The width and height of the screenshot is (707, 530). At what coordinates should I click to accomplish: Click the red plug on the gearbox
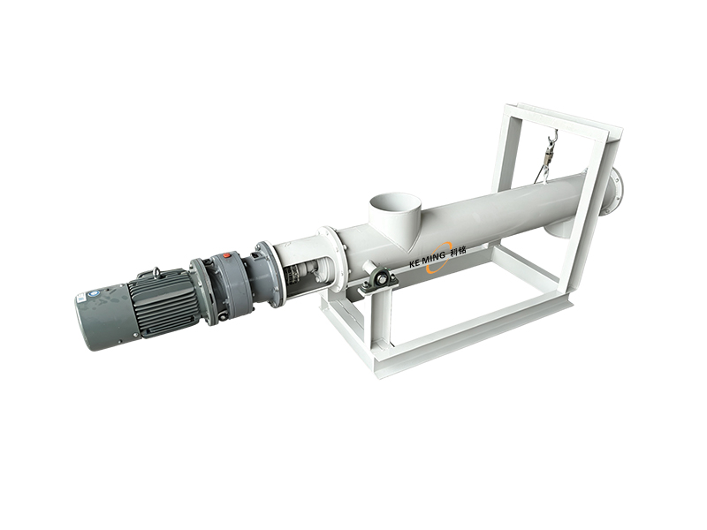click(227, 255)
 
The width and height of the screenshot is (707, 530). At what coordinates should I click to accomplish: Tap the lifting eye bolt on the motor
click(156, 272)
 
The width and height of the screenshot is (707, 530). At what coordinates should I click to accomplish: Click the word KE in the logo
click(414, 263)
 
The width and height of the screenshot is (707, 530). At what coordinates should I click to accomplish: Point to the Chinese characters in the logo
click(458, 251)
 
